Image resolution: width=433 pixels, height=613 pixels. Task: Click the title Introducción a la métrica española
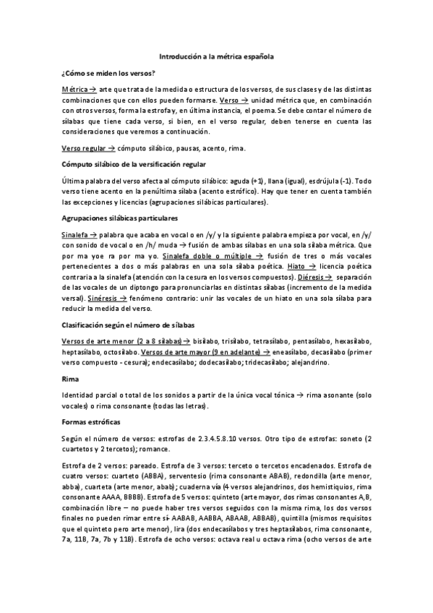[216, 55]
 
